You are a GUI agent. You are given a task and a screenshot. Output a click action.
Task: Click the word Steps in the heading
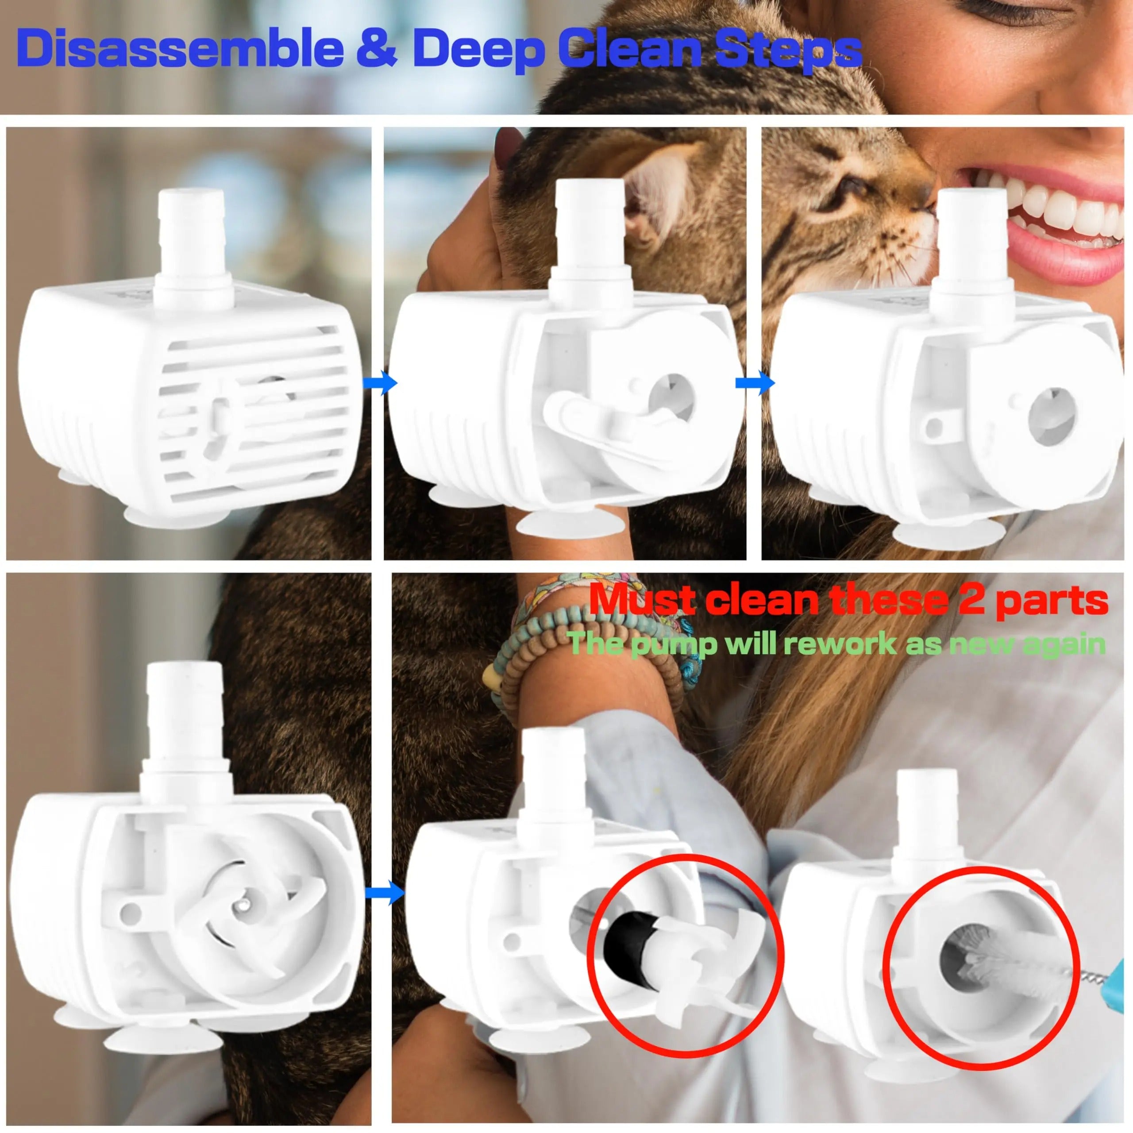coord(786,50)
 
